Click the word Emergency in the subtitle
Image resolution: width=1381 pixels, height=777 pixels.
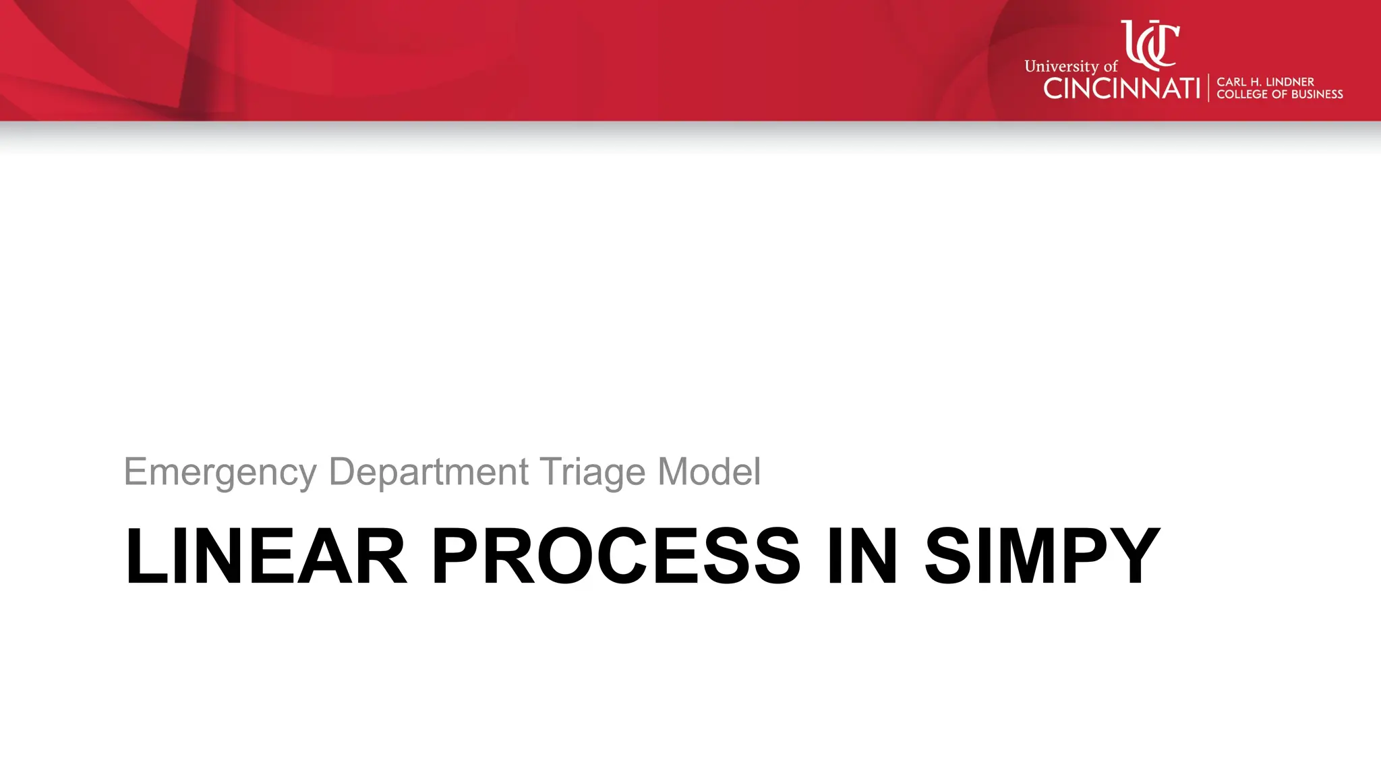coord(220,472)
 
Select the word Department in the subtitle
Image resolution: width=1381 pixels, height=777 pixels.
coord(428,472)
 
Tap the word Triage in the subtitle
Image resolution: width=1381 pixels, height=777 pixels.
coord(592,472)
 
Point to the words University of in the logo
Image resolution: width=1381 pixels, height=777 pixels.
coord(1070,66)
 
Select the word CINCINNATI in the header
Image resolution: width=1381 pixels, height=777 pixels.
coord(1121,88)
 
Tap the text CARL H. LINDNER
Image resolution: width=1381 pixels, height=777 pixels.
coord(1265,82)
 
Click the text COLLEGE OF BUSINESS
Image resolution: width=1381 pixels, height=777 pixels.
coord(1279,94)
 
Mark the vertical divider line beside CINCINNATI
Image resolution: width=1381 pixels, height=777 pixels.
coord(1208,88)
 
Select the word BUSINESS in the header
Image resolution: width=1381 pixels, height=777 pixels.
coord(1316,94)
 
